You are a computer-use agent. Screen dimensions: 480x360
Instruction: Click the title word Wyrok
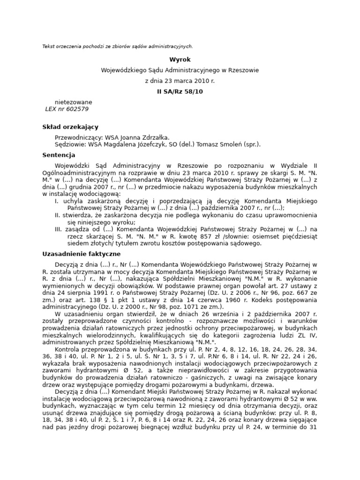(180, 60)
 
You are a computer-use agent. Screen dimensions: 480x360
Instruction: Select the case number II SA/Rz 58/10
(180, 91)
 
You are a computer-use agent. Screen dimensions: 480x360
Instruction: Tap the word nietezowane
(74, 102)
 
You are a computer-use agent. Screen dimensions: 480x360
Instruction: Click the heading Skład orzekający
(70, 127)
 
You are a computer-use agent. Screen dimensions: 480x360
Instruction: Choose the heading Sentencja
(59, 155)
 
